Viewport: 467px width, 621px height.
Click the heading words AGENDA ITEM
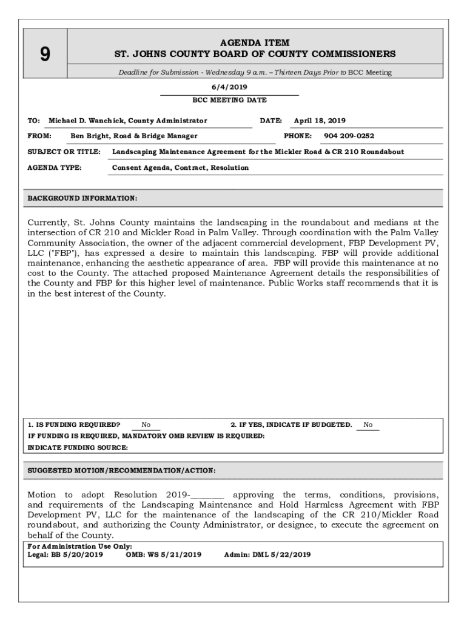click(x=255, y=43)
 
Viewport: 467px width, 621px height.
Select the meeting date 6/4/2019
click(x=229, y=87)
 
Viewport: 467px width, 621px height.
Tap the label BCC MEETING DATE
click(x=229, y=100)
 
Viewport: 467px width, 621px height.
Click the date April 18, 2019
click(x=320, y=121)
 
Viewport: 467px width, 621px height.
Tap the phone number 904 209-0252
click(x=349, y=136)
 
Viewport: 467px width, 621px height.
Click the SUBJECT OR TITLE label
click(x=64, y=152)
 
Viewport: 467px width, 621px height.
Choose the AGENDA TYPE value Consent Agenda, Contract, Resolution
click(x=180, y=167)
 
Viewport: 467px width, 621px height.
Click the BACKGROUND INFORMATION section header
click(x=82, y=198)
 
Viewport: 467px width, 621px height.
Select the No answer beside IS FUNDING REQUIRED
click(x=146, y=425)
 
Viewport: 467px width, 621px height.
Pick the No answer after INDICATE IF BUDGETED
click(x=368, y=425)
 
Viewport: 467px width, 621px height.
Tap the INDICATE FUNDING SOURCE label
click(x=78, y=448)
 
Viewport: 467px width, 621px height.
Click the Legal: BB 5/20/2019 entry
click(x=66, y=554)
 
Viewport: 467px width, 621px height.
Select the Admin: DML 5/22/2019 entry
click(x=267, y=554)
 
